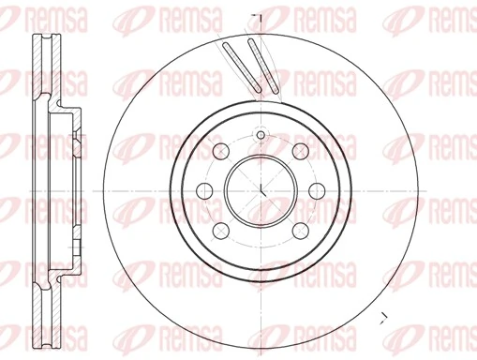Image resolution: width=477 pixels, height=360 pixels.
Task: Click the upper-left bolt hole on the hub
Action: (x=222, y=152)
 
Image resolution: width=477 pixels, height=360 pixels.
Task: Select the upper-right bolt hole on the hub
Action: (x=300, y=152)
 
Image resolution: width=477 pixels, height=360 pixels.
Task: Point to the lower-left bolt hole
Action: (x=222, y=231)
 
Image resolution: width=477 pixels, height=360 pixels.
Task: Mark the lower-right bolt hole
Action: (x=300, y=231)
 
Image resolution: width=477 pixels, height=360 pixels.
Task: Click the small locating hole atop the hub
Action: (x=261, y=137)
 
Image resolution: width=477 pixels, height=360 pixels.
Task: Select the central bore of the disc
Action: (x=261, y=191)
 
